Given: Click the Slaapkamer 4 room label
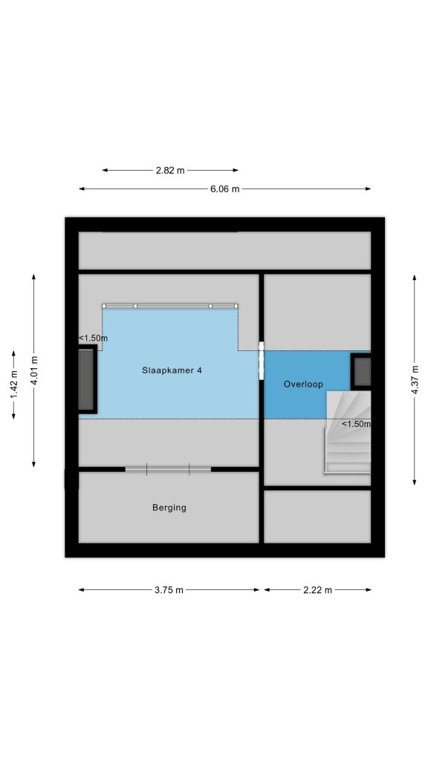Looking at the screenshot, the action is tap(172, 371).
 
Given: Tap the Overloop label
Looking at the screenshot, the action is tap(303, 384).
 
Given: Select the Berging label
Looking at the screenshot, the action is tap(169, 508).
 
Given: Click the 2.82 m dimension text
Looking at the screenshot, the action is tap(170, 170).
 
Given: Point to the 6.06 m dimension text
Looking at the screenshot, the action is tap(224, 189).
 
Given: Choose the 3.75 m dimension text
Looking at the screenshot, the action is tap(169, 590).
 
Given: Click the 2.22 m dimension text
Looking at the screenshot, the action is tap(317, 590).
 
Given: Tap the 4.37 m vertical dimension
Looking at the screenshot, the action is tap(415, 380).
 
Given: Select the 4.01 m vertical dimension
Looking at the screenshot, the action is tap(33, 371).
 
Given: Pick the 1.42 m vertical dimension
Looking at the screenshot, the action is tap(13, 385).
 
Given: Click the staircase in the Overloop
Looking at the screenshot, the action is tap(348, 433).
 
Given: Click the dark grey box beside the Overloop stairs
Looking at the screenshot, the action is tap(361, 371).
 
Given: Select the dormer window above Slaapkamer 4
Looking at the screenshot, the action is tap(170, 307).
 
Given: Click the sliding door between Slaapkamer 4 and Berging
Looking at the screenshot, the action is tap(168, 469).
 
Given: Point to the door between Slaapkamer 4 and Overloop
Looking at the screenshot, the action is tap(261, 361).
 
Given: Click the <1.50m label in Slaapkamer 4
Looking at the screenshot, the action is tap(93, 338).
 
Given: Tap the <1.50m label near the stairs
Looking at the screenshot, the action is tap(356, 424).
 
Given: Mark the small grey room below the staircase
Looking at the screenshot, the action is tap(317, 517).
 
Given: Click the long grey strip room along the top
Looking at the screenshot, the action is tap(224, 251).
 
